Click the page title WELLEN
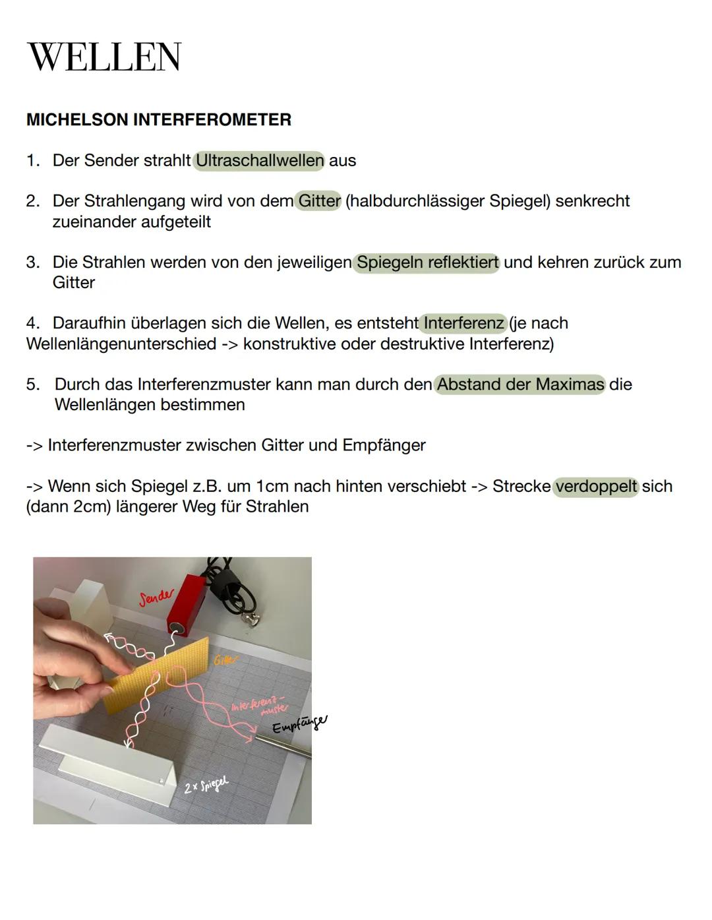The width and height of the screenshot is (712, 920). pos(104,57)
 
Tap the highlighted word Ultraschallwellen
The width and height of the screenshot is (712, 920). pos(259,160)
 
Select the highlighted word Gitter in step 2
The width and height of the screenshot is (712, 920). pos(319,200)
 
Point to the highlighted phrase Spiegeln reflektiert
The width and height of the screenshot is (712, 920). pos(427,262)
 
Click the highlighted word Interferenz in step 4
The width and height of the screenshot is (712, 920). pos(463,323)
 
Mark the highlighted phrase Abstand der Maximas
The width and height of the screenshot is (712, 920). pos(520,384)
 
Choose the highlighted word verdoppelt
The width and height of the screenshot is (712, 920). pos(596,486)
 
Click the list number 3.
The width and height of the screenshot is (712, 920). pos(33,262)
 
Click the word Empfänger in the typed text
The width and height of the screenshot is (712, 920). pos(384,445)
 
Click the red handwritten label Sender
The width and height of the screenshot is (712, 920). pos(157,598)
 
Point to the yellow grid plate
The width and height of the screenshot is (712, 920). pos(158,673)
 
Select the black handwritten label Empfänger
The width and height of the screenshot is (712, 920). pos(299,723)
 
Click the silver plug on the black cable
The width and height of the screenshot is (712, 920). pos(251,618)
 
